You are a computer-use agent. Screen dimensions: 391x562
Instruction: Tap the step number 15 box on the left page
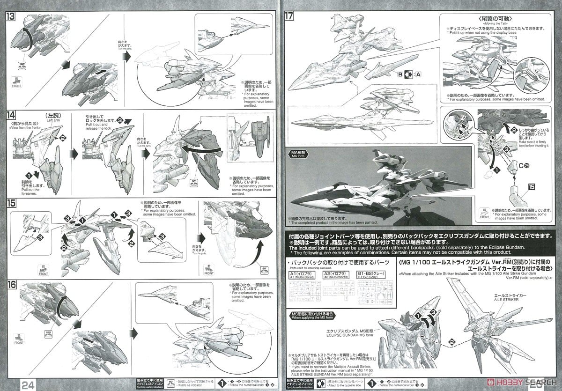(11, 205)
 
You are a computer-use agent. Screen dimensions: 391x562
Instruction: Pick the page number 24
(27, 384)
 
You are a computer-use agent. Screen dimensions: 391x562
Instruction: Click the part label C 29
(517, 165)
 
